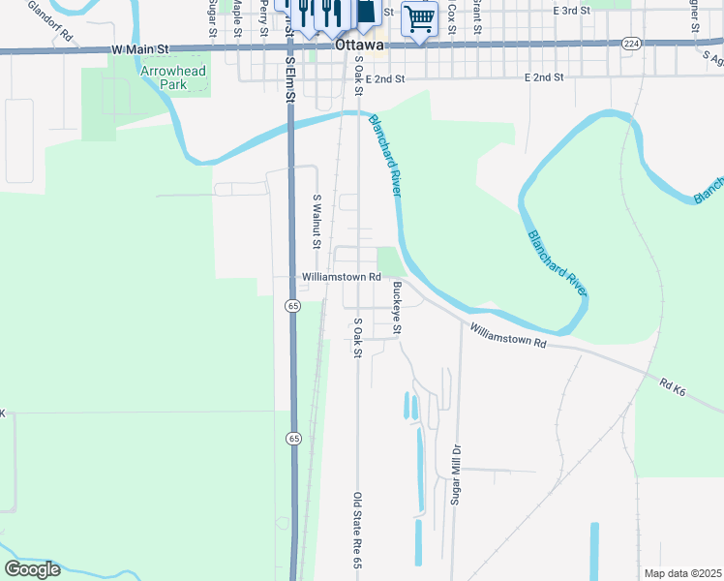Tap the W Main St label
coord(140,47)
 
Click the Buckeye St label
coord(396,308)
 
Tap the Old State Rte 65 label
coord(357,531)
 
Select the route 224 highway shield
coord(631,44)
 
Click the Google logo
coord(32,569)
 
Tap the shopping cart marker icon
coord(419,17)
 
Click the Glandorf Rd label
coord(50,19)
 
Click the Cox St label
coord(451,14)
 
